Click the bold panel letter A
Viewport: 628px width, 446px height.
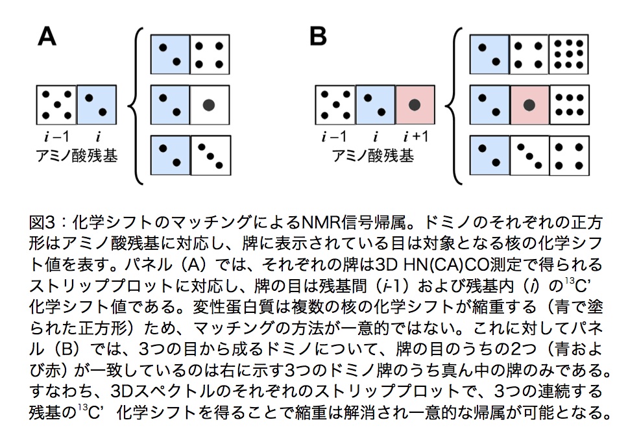click(47, 36)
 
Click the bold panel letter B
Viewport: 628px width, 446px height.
click(318, 36)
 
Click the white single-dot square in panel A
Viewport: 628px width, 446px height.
click(209, 104)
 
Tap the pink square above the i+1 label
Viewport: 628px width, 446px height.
click(415, 106)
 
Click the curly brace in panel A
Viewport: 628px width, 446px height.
click(137, 104)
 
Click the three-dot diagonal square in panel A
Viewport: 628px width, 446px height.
click(209, 155)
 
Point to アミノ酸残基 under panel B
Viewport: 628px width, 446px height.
click(372, 156)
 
